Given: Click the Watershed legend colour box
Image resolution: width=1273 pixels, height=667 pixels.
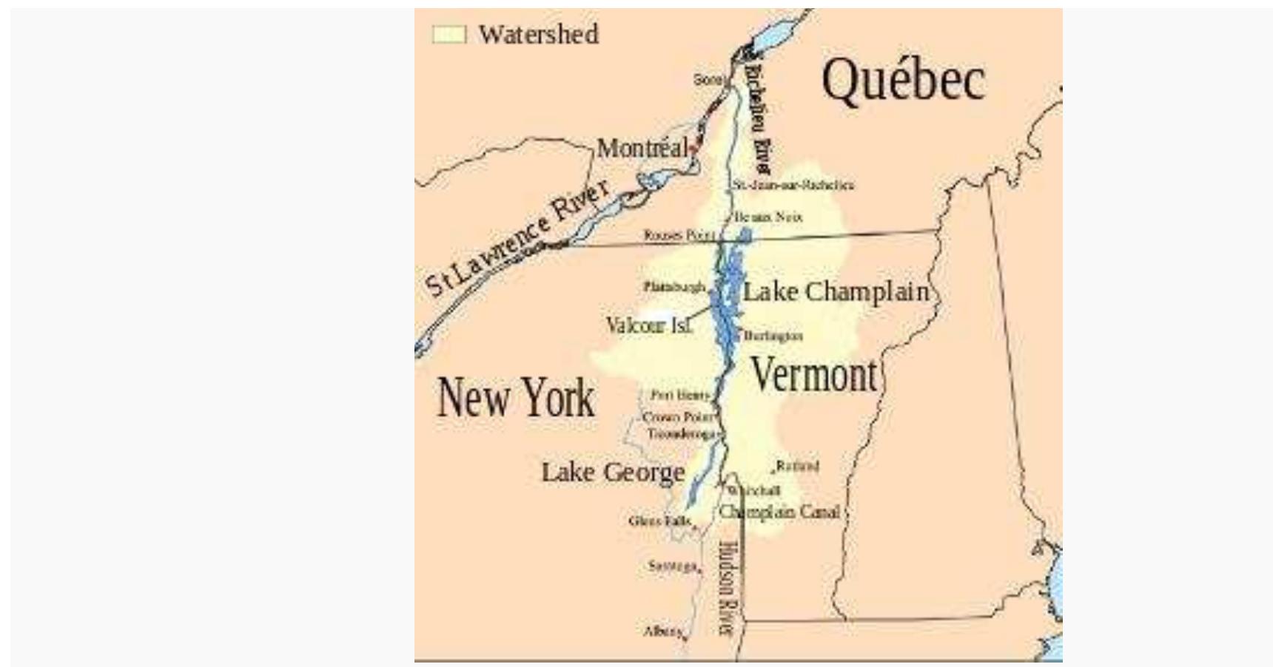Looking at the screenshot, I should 449,35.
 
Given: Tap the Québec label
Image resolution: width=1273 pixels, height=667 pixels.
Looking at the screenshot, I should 903,80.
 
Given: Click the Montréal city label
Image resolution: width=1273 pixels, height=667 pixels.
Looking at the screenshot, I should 642,148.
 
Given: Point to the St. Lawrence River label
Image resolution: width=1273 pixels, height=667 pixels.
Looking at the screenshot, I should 518,237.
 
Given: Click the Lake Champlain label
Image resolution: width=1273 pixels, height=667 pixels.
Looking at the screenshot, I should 836,291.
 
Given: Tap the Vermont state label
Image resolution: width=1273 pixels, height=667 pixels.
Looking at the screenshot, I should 814,375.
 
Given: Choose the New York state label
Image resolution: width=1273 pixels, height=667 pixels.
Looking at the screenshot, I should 516,397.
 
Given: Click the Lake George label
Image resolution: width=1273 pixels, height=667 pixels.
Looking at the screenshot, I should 613,472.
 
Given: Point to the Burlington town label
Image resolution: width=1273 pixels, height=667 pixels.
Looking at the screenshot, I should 773,336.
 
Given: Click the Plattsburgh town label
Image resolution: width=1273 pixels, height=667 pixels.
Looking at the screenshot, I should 674,286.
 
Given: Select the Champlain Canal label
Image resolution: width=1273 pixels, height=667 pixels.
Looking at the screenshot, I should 779,512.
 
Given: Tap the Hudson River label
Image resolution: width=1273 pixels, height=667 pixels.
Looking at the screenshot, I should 728,588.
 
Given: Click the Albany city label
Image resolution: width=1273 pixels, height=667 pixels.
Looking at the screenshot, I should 662,632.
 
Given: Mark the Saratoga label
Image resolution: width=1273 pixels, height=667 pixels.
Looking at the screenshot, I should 672,566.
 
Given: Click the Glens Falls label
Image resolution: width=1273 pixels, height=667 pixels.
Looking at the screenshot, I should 659,521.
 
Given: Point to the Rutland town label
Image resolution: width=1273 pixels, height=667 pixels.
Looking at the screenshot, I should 797,466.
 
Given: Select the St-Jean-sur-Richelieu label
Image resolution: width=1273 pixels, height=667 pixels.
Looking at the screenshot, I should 793,185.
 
